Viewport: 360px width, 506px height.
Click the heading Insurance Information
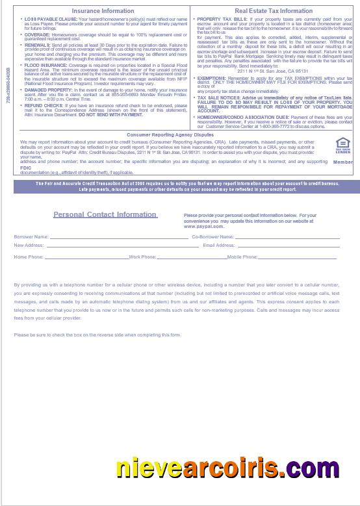click(x=103, y=11)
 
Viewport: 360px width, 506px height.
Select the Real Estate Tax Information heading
click(x=274, y=11)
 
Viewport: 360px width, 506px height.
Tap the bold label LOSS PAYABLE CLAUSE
click(x=49, y=19)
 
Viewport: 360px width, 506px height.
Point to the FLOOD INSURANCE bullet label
click(x=44, y=65)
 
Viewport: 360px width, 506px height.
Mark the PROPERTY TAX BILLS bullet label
click(x=222, y=19)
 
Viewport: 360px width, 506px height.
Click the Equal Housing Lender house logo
click(x=342, y=145)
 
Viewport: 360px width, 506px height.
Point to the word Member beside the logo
click(x=342, y=162)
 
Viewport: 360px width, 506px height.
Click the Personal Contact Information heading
click(x=105, y=214)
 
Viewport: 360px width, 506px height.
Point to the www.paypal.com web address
click(x=203, y=227)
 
